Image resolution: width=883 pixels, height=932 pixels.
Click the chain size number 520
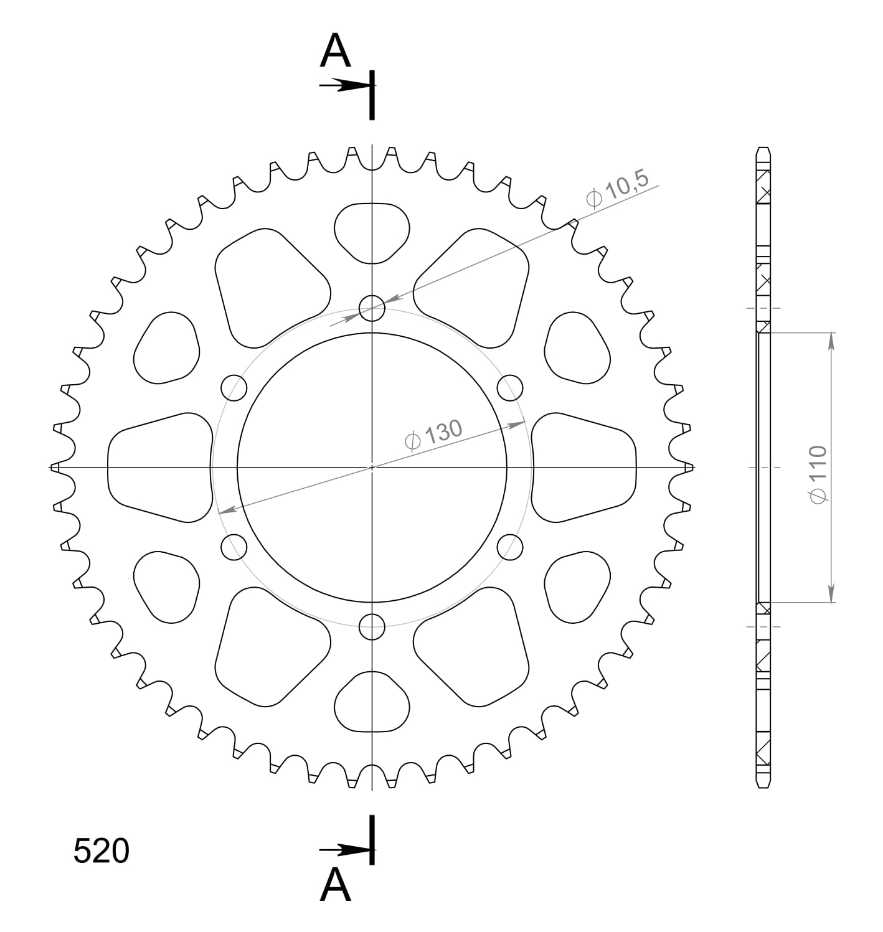click(x=101, y=851)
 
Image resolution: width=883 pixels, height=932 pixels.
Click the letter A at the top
click(x=335, y=51)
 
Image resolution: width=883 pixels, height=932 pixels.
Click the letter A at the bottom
click(x=335, y=885)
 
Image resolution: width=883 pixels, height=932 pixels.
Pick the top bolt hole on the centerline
click(x=372, y=308)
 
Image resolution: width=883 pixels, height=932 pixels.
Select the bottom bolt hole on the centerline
click(x=372, y=626)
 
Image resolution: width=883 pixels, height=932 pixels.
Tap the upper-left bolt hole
click(x=234, y=388)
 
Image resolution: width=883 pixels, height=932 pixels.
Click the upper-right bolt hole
click(x=510, y=388)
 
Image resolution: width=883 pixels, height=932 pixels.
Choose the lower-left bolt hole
click(x=234, y=547)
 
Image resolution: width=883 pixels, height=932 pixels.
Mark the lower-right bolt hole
click(x=510, y=547)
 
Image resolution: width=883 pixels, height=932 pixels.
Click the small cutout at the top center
click(x=372, y=232)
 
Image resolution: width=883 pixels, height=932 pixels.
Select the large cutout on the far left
click(x=159, y=467)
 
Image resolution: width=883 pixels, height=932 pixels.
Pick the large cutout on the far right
click(x=584, y=467)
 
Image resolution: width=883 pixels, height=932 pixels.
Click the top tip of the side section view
click(x=763, y=150)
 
